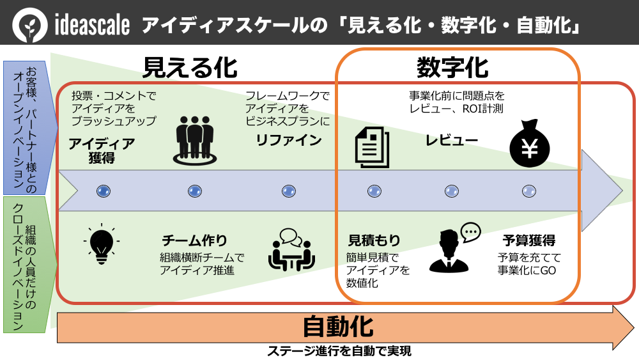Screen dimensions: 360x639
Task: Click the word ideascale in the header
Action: pyautogui.click(x=93, y=26)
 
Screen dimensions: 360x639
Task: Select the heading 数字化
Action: pyautogui.click(x=452, y=66)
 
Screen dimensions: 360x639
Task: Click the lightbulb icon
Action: pyautogui.click(x=102, y=243)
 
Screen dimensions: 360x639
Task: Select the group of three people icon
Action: pyautogui.click(x=194, y=139)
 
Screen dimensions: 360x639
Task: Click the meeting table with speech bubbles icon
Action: pyautogui.click(x=291, y=250)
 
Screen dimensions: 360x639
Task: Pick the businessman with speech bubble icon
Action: pyautogui.click(x=453, y=247)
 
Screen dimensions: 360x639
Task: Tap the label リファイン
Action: pyautogui.click(x=288, y=141)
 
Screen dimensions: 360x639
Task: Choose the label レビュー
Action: pyautogui.click(x=452, y=141)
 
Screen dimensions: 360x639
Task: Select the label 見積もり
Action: pyautogui.click(x=374, y=240)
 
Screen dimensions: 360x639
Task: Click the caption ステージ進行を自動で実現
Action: pyautogui.click(x=339, y=350)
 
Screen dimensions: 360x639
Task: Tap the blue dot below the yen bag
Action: pyautogui.click(x=529, y=191)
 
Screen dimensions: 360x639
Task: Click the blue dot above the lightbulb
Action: pyautogui.click(x=103, y=191)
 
